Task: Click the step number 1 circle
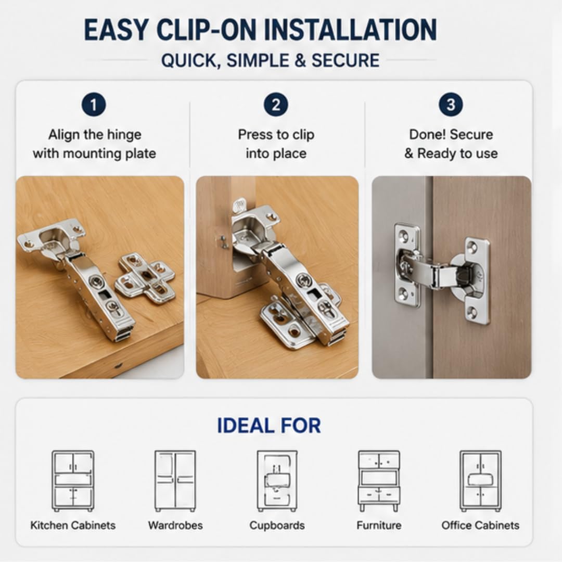[94, 105]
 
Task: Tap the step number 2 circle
[276, 105]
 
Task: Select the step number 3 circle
[451, 105]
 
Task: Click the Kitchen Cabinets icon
[73, 481]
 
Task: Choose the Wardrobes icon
[175, 481]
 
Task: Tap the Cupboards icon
[277, 481]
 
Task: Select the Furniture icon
[379, 481]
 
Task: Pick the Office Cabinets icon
[481, 481]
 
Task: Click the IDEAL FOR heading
[269, 426]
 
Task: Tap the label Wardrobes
[175, 526]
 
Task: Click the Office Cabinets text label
[480, 526]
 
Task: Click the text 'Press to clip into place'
[276, 144]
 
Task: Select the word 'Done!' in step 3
[428, 135]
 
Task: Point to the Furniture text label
[379, 526]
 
